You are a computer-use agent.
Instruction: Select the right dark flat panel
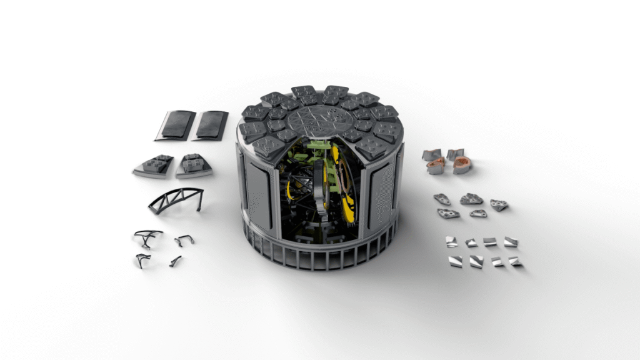(210, 124)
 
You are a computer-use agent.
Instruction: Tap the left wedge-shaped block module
(154, 166)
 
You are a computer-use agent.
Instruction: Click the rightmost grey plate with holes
(499, 204)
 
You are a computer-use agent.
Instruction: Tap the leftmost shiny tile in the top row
(450, 241)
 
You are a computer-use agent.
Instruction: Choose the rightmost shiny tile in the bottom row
(515, 261)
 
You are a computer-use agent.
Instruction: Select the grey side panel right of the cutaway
(379, 187)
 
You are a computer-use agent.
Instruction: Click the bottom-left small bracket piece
(142, 260)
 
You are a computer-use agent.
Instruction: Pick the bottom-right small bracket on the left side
(176, 261)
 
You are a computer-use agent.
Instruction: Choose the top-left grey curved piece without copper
(432, 154)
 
